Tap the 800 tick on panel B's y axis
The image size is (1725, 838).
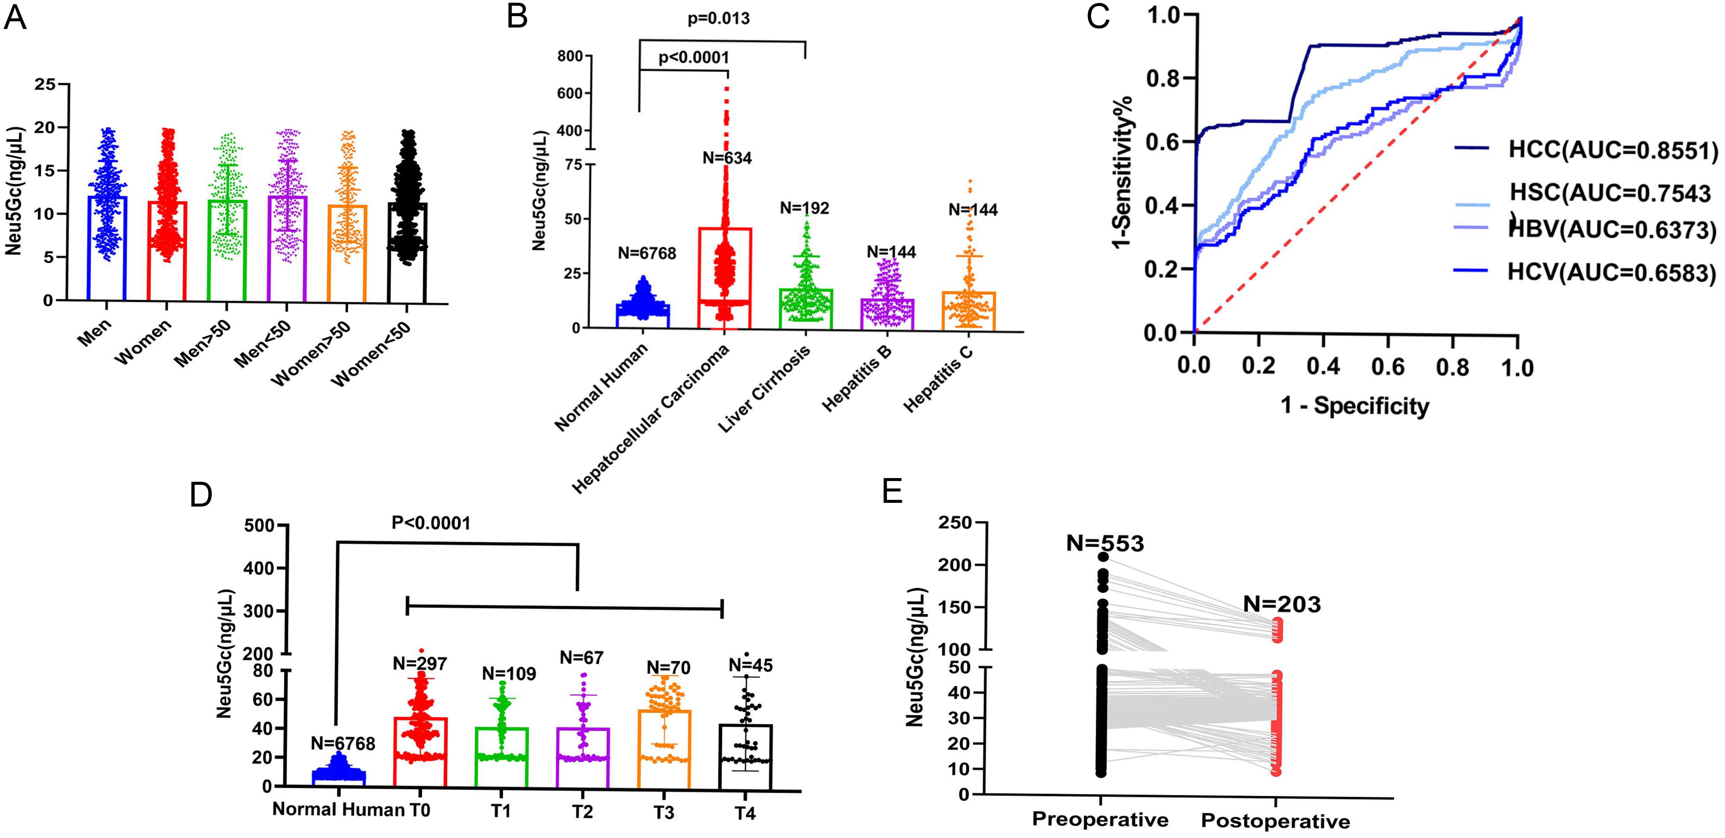coord(570,56)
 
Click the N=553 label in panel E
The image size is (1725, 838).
coord(1105,543)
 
